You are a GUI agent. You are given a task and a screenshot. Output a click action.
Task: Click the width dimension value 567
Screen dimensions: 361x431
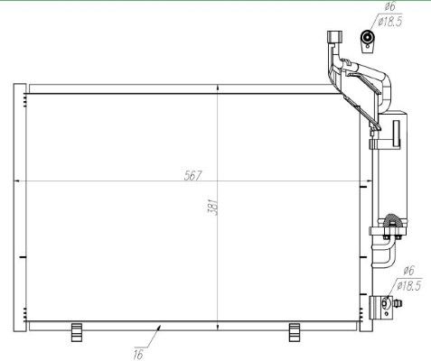192,174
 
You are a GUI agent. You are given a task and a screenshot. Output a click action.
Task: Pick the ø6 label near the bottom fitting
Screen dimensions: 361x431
408,271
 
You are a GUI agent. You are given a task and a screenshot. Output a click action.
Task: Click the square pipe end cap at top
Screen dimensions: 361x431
333,37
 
